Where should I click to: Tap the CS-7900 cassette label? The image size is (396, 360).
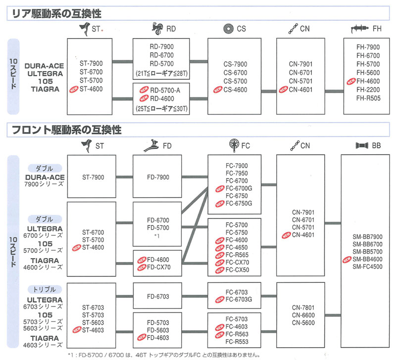tap(235, 64)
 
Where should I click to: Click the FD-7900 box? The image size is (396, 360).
tap(158, 178)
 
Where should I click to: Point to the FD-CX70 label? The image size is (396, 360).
tap(158, 267)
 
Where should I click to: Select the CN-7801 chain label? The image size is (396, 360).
tap(301, 306)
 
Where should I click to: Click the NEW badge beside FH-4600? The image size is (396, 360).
tap(351, 81)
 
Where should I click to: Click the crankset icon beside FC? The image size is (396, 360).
tap(233, 145)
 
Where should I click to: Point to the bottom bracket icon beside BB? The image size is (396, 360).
tap(360, 145)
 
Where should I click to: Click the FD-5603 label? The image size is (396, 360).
tap(158, 330)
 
